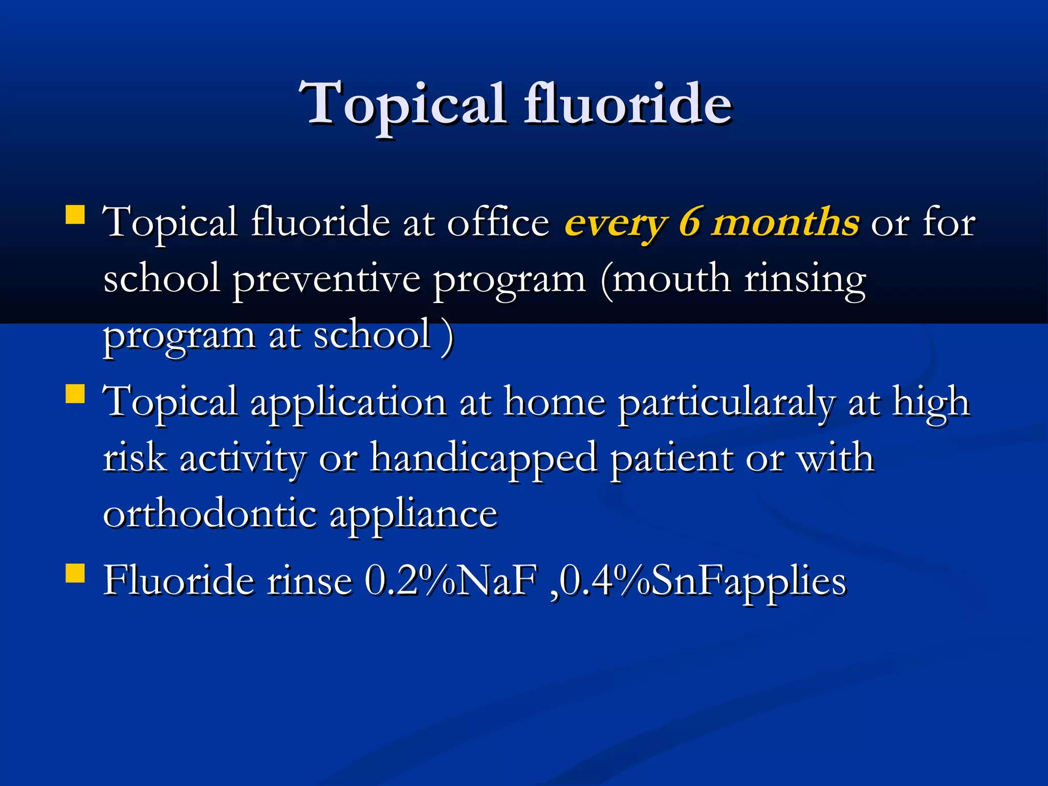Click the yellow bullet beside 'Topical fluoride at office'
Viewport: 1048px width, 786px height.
pos(75,215)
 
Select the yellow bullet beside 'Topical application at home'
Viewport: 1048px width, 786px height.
pos(75,395)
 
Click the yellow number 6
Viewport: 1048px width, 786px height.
pos(689,223)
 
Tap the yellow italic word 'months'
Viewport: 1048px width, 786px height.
pos(785,223)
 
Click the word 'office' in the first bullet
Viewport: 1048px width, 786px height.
pos(497,223)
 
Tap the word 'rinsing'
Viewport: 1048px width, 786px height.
pos(804,280)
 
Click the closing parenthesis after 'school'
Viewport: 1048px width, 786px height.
pos(447,336)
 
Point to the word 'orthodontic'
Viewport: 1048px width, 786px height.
pos(210,514)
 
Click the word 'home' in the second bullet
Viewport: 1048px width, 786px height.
pos(555,402)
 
